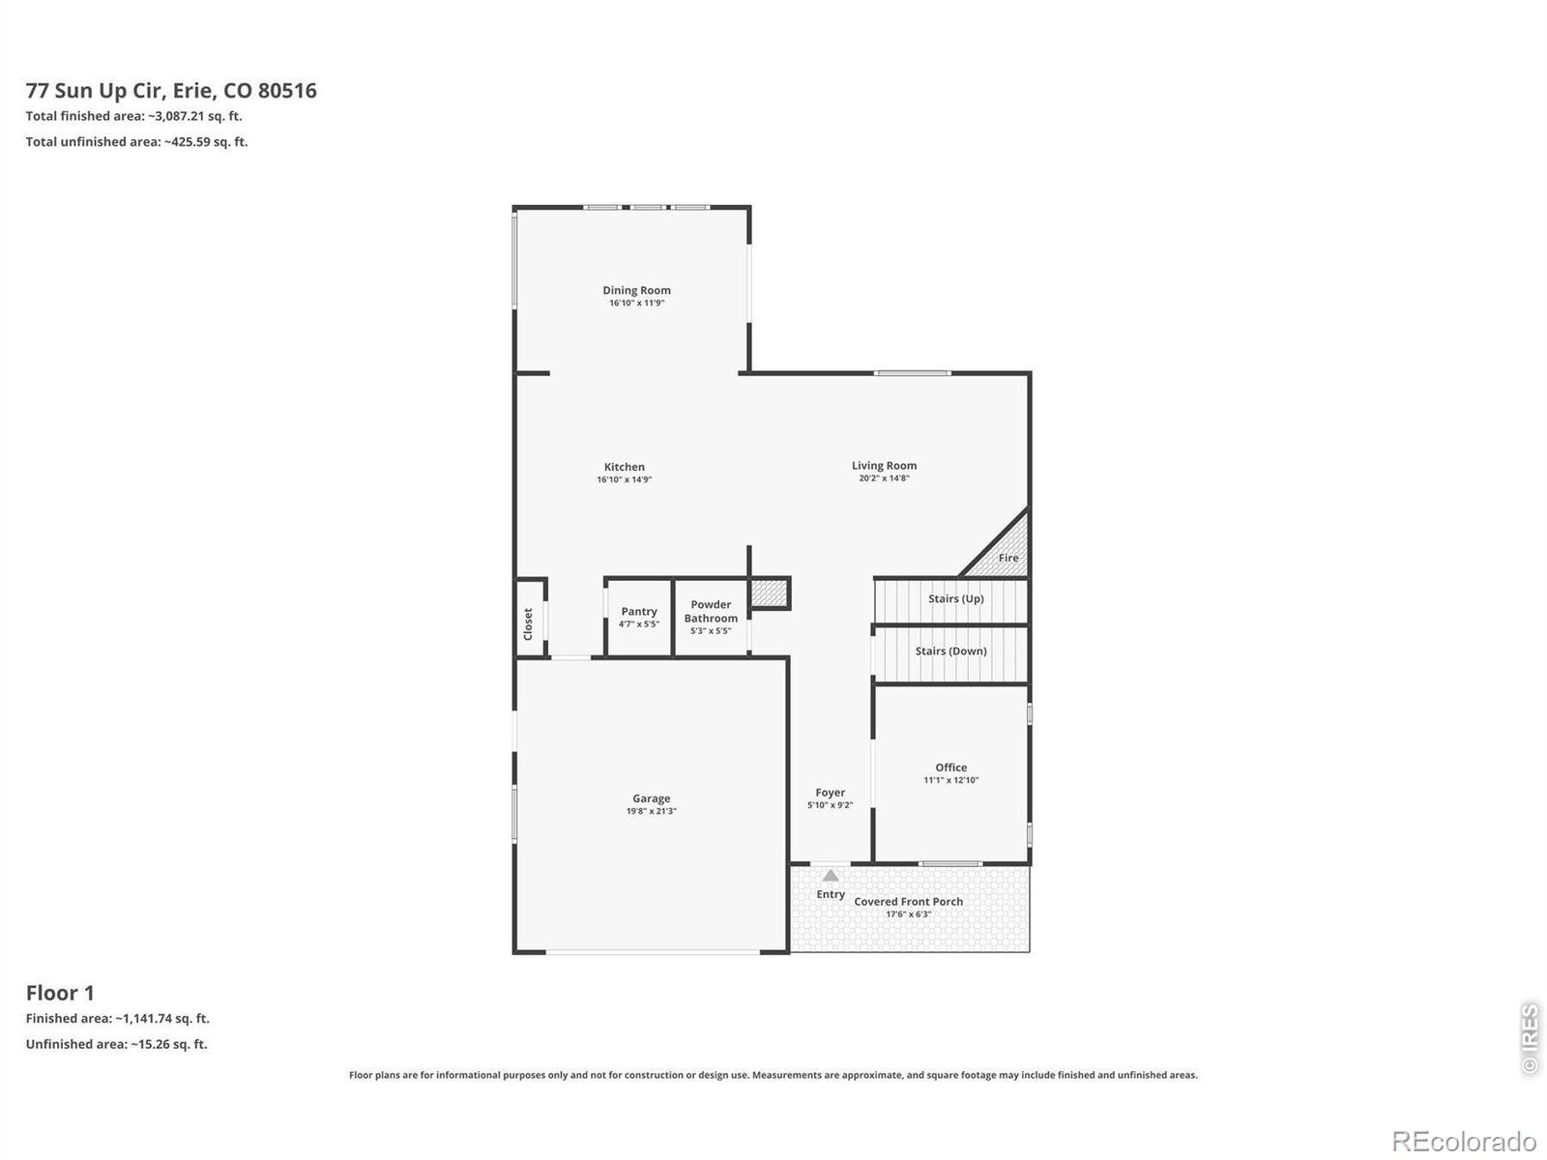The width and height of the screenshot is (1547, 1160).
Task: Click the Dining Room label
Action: click(x=635, y=290)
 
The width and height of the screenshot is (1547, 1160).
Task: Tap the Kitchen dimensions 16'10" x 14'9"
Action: click(x=624, y=479)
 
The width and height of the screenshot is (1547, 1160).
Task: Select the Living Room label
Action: click(x=884, y=466)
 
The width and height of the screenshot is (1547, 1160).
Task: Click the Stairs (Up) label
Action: click(x=955, y=598)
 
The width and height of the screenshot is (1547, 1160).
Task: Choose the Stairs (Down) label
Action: click(x=950, y=651)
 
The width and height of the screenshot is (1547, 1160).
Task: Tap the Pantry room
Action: click(x=638, y=618)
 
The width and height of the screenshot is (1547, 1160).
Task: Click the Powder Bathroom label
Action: click(x=711, y=611)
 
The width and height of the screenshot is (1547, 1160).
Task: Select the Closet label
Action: click(x=528, y=624)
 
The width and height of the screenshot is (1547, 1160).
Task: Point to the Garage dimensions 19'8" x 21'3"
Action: click(x=652, y=811)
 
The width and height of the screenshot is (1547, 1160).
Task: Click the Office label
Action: click(x=950, y=768)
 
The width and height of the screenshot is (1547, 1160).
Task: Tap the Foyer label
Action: click(x=831, y=793)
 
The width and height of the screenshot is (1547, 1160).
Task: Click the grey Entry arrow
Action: click(x=831, y=876)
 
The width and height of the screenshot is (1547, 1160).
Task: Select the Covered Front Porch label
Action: click(x=909, y=902)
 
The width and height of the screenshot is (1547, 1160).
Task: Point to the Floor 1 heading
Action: click(x=60, y=993)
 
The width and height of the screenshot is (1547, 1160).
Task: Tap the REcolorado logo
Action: click(x=1463, y=1141)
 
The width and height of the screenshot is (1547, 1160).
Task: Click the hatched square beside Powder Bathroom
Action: click(x=769, y=593)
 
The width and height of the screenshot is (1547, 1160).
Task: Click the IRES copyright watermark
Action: click(x=1530, y=1038)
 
